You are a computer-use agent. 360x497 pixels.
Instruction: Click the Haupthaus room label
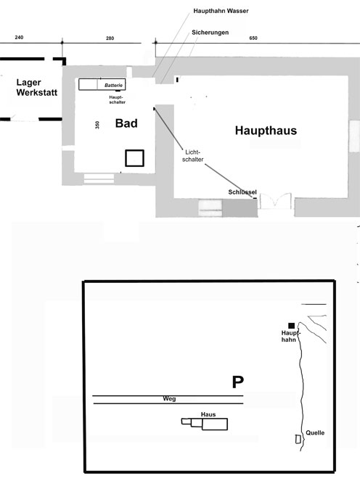pos(266,131)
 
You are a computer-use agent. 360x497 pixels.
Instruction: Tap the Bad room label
pos(126,123)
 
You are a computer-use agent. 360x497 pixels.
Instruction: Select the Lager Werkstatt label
pos(37,88)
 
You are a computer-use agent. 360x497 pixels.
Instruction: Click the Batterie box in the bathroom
pos(102,84)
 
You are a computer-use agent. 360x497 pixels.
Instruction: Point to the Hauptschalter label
pos(117,99)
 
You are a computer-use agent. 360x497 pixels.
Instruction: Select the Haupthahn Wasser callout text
pos(221,11)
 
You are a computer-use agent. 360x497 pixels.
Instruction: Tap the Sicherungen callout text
pos(210,33)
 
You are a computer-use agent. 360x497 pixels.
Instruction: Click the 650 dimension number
pos(253,38)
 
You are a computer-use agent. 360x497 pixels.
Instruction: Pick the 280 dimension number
pos(110,38)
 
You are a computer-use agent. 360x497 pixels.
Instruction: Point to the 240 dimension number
pos(19,38)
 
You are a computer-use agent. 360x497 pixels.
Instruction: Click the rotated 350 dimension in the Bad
pos(97,125)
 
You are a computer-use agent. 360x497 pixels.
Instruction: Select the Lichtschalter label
pos(192,156)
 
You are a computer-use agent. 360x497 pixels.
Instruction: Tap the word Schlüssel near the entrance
pos(242,192)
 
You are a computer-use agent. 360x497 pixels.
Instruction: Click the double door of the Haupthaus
pos(275,201)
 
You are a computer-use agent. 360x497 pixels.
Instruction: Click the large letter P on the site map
pos(238,382)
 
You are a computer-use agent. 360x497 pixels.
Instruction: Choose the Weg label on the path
pos(169,399)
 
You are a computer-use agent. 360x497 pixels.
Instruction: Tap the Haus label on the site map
pos(208,414)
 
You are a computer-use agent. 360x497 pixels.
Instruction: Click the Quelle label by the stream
pos(315,433)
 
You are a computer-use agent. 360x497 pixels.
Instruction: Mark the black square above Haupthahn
pos(292,326)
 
